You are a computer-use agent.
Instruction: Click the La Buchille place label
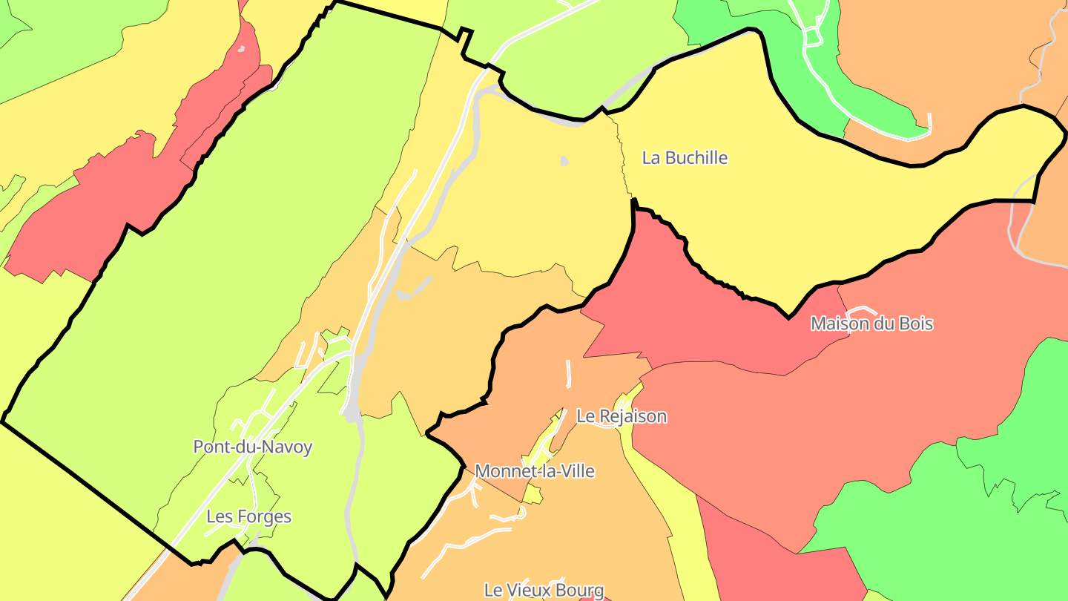coord(685,158)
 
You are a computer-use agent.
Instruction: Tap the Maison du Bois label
coord(871,324)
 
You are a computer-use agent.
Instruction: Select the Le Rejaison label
coord(622,416)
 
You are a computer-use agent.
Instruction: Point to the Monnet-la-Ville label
coord(534,471)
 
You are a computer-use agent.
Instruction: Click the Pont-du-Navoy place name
coord(252,447)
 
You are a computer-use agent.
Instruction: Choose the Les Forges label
coord(248,516)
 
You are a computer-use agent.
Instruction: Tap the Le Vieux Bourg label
coord(544,590)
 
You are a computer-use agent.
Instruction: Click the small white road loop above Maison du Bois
coord(861,311)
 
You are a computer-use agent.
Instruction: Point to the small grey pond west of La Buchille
coord(565,160)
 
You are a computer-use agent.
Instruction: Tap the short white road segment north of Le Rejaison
coord(569,373)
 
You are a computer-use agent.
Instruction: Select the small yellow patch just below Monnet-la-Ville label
coord(533,495)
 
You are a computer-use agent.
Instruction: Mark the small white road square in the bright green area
coord(814,35)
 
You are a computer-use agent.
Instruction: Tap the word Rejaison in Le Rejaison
coord(632,416)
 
